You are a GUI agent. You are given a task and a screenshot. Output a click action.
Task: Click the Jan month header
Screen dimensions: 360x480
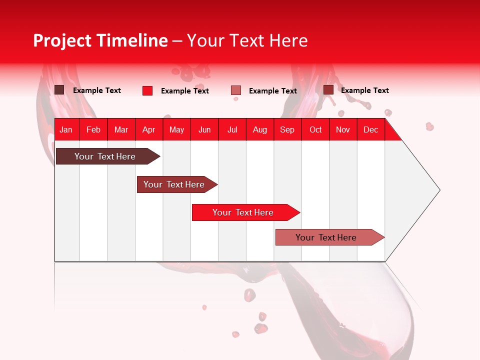66,129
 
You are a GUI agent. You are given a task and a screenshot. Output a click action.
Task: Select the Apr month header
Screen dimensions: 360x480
149,129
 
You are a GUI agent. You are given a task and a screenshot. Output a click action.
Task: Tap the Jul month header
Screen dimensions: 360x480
232,129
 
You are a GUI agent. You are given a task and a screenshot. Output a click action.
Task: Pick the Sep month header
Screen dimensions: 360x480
287,129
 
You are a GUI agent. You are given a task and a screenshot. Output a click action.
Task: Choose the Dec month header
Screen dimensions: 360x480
370,129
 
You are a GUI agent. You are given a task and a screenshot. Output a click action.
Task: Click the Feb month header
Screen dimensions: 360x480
93,129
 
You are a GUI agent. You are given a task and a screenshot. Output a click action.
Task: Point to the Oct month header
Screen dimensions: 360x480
315,129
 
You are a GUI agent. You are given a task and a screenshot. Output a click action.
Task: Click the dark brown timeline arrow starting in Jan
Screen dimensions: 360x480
105,156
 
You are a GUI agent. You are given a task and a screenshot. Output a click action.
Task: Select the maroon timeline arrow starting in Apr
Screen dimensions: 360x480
174,184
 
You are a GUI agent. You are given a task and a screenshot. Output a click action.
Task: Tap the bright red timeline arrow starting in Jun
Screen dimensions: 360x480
243,212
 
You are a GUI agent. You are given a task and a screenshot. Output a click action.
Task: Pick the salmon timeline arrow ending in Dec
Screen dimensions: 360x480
326,237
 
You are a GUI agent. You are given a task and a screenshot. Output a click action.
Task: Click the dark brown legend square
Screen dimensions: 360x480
59,90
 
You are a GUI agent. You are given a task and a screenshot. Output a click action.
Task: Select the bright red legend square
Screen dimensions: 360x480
147,90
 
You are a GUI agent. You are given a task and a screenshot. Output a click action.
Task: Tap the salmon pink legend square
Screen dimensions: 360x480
236,90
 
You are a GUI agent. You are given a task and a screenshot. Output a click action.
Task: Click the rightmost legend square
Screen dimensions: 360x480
328,90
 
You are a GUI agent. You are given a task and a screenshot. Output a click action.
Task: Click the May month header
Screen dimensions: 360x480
176,129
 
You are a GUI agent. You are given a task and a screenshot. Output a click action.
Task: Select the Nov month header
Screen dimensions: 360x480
343,129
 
